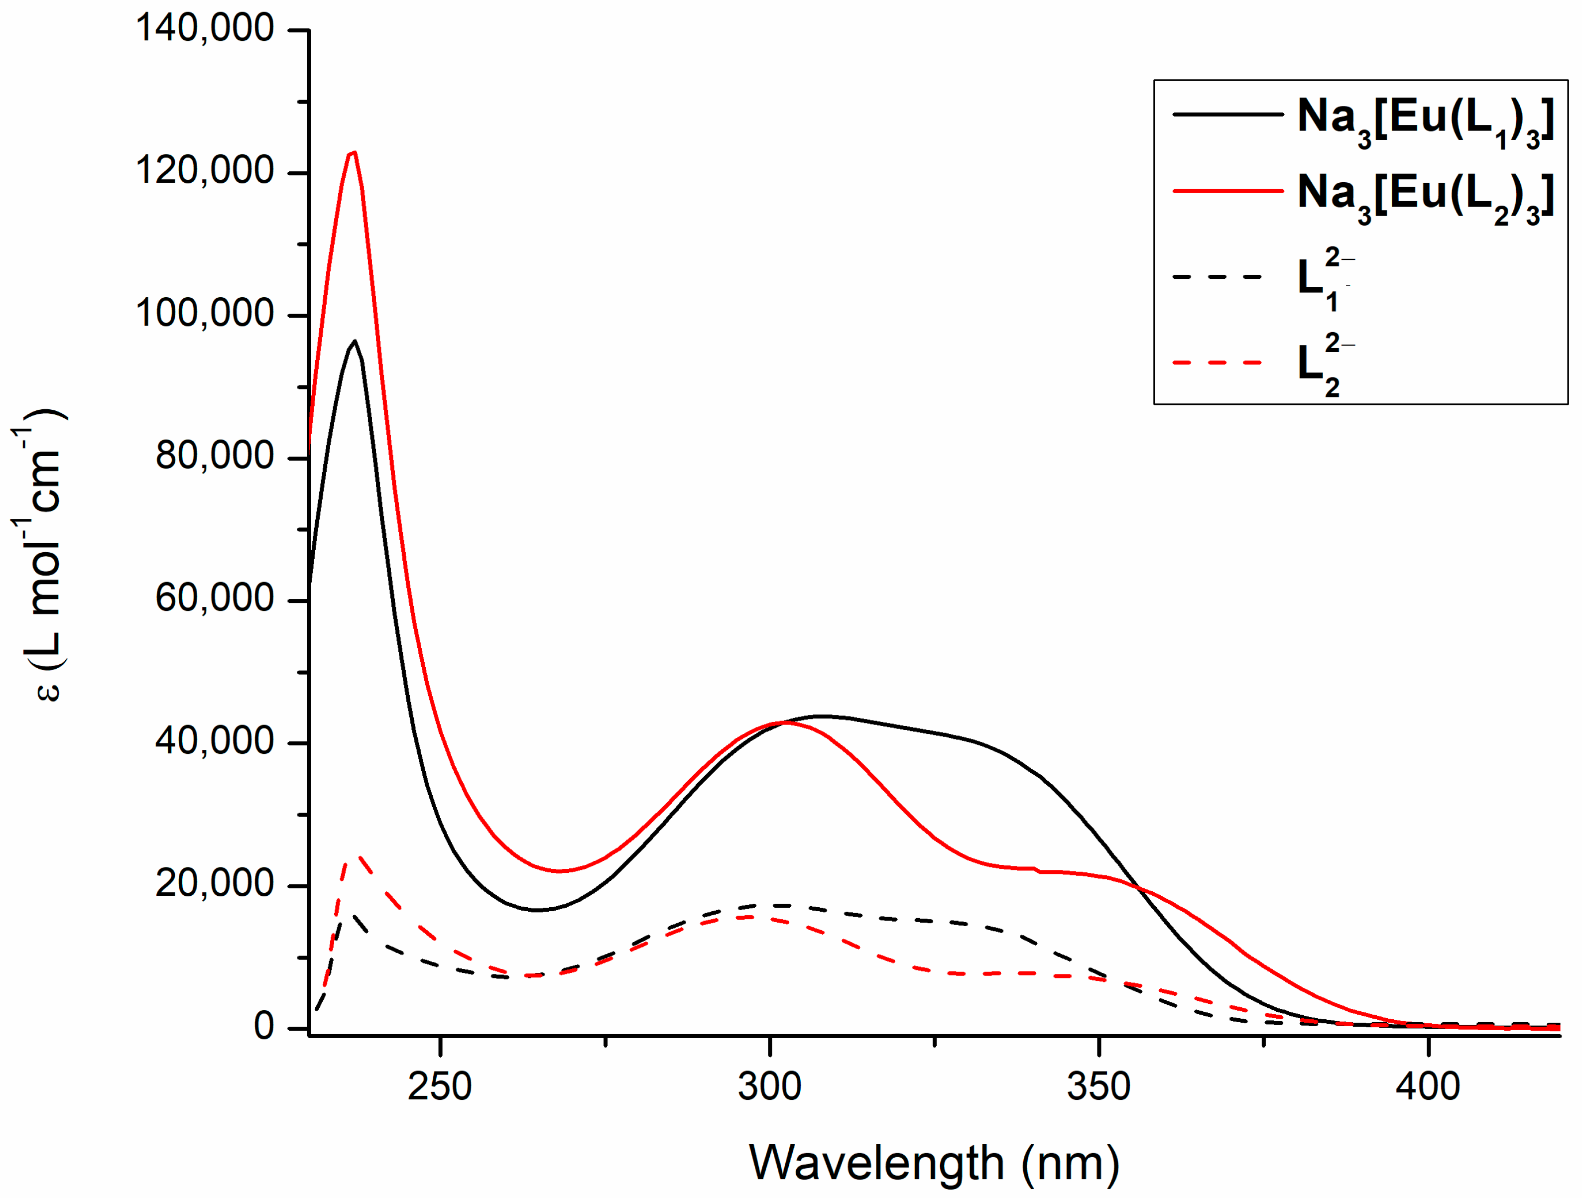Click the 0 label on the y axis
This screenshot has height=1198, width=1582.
tap(264, 1026)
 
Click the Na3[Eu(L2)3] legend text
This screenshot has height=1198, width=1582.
tap(1425, 197)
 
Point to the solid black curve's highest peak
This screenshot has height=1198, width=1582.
tap(355, 341)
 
